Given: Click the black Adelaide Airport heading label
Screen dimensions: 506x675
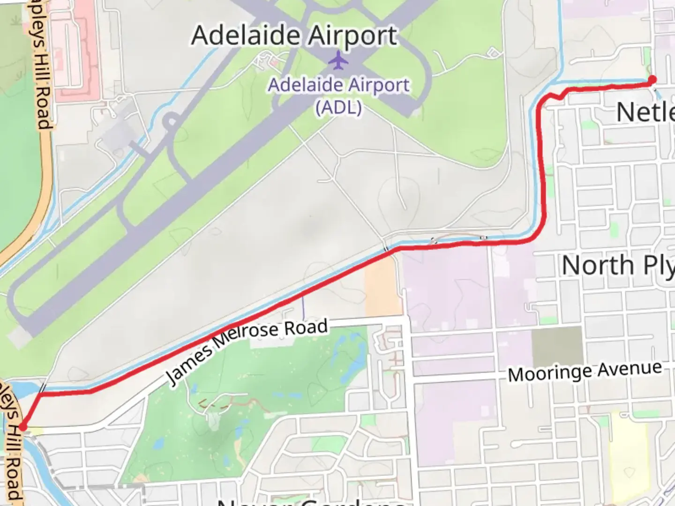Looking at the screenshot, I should [x=294, y=36].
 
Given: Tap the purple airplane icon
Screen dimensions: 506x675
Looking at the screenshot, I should [x=338, y=60].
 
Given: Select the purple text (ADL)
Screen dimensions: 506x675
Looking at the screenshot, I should [x=338, y=108].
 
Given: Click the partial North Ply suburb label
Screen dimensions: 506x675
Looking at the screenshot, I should [x=618, y=266].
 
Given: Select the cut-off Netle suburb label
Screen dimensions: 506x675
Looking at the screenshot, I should [x=645, y=112].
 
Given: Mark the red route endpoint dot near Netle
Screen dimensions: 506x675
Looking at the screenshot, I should [x=652, y=80].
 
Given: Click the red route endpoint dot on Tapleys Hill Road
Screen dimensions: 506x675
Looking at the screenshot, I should [x=22, y=427].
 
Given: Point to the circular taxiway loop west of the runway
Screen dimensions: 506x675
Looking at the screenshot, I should [x=172, y=123].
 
